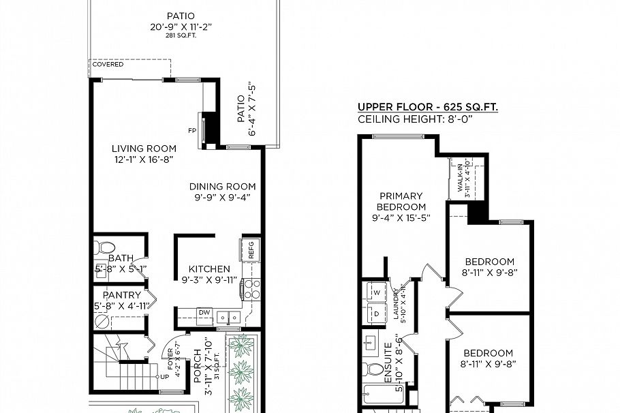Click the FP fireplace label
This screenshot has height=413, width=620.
[191, 130]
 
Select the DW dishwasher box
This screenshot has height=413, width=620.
[204, 313]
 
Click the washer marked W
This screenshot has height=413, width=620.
[375, 292]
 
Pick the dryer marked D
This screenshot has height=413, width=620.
[375, 313]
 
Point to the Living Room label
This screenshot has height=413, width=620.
[144, 149]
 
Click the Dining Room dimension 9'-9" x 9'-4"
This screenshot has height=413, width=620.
[222, 198]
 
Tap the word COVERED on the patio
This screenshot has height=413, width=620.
[108, 65]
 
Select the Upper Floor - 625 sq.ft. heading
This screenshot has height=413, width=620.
[427, 107]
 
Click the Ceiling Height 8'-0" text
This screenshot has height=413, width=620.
[424, 119]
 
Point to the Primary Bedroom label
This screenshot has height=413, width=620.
[402, 202]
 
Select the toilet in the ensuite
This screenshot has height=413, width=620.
[374, 369]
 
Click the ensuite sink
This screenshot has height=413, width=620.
[372, 342]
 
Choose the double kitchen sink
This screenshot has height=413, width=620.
[228, 317]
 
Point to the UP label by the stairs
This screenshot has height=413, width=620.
[164, 376]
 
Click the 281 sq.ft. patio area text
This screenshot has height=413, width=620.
[181, 35]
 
